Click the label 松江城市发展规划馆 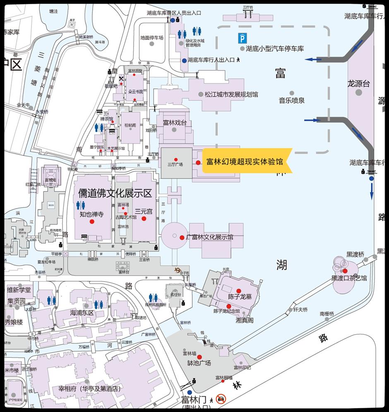tap(231, 94)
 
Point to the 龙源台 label tap(358, 84)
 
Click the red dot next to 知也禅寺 tap(92, 222)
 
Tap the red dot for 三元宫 tap(144, 218)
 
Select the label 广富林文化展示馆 tap(210, 237)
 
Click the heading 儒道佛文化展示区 tap(115, 193)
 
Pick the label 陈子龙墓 tap(240, 297)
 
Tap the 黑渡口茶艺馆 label tap(349, 278)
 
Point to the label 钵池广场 tap(199, 363)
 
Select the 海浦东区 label tap(82, 312)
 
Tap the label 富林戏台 tap(175, 122)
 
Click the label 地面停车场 tap(151, 38)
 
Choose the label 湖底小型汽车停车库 tap(275, 48)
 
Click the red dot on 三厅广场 tap(176, 160)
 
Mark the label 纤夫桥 tap(300, 309)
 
